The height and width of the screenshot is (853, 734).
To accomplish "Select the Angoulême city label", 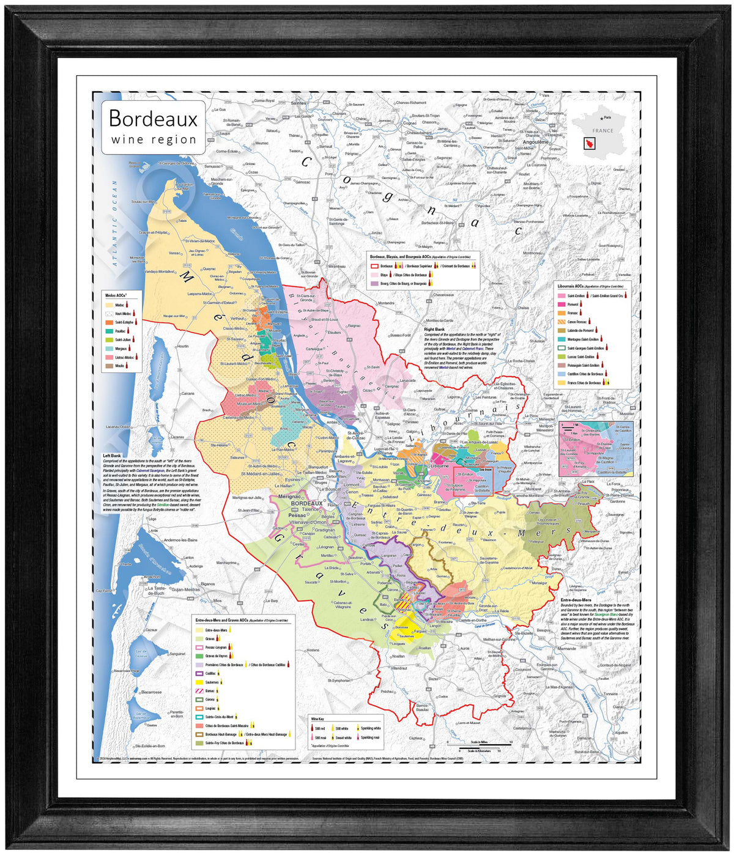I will click(x=536, y=142).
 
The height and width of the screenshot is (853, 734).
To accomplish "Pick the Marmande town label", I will click(x=566, y=648).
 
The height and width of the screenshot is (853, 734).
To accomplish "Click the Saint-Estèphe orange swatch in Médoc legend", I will click(x=109, y=322).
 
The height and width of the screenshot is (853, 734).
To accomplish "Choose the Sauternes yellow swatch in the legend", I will click(x=199, y=682).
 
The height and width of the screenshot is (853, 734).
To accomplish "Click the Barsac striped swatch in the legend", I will click(x=199, y=690).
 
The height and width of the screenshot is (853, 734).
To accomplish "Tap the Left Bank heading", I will click(x=112, y=456).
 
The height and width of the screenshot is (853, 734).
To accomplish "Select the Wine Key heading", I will click(x=317, y=719).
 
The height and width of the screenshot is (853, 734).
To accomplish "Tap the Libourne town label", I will click(x=439, y=465).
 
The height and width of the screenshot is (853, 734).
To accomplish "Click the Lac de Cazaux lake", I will click(x=141, y=657).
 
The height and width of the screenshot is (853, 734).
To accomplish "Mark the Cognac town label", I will click(x=409, y=123).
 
